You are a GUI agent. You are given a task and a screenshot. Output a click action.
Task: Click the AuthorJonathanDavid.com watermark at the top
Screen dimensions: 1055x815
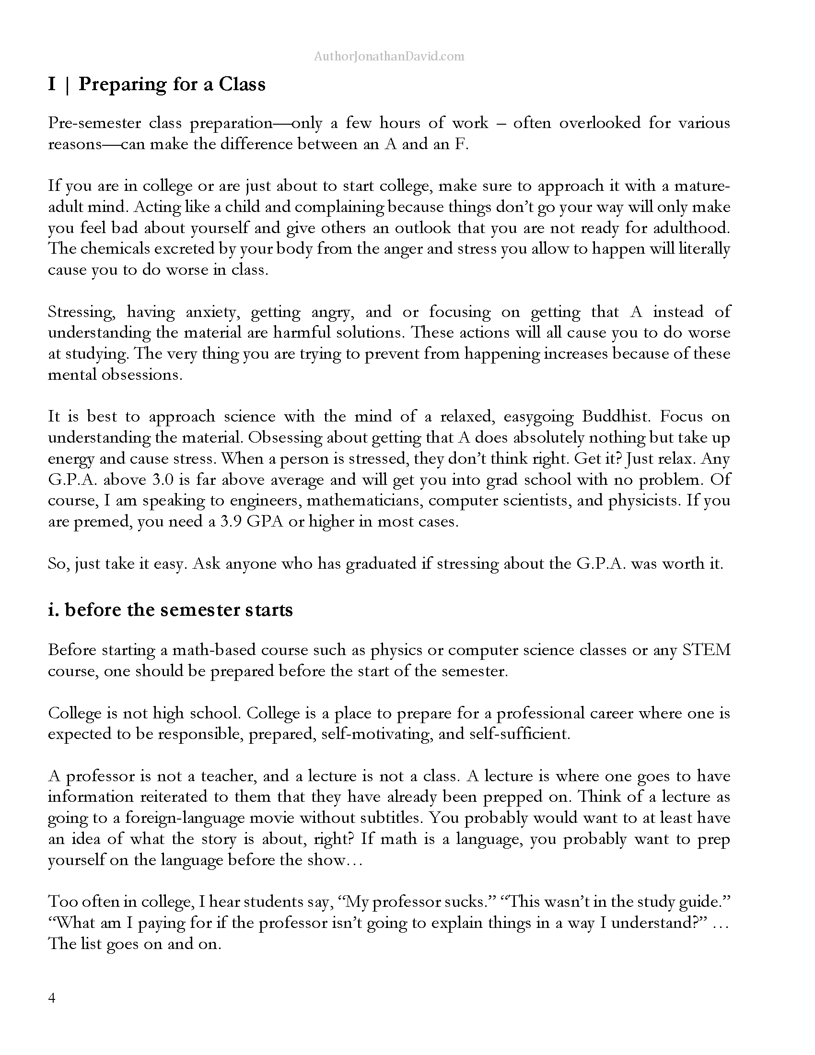point(389,57)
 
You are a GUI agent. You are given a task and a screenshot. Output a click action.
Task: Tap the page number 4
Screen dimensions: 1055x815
point(52,997)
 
